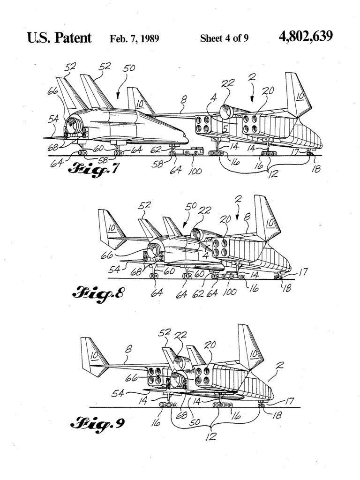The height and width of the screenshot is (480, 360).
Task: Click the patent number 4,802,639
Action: point(305,37)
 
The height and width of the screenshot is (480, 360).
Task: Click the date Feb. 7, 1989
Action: point(135,38)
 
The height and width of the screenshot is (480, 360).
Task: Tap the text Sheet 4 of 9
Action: point(224,38)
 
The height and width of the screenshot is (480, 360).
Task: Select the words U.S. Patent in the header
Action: point(60,38)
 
